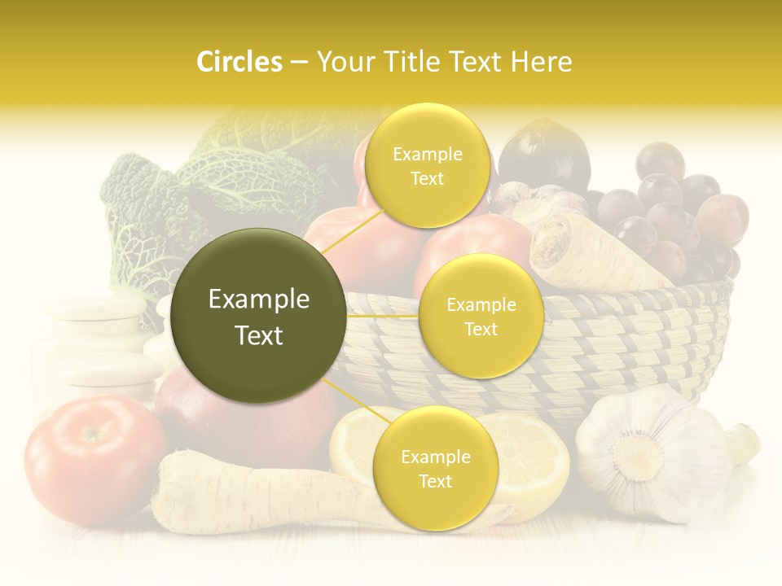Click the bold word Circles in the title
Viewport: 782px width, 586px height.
click(x=239, y=62)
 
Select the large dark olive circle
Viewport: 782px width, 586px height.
click(x=259, y=316)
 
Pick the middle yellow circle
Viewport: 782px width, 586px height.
click(x=481, y=316)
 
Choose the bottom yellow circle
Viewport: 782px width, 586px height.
click(x=434, y=468)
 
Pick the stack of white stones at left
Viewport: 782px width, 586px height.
click(x=98, y=342)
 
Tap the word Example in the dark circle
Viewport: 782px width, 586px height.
click(x=259, y=300)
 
